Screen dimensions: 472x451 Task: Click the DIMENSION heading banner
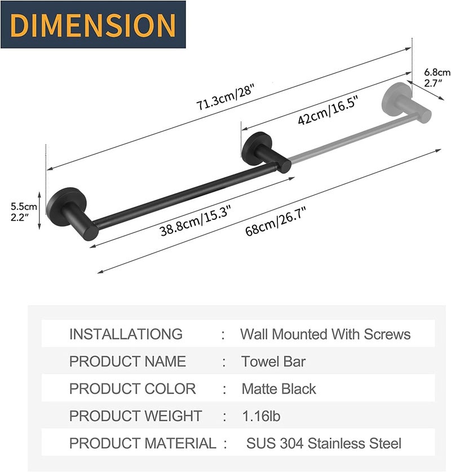tap(93, 25)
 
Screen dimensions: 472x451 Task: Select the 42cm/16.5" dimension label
tap(329, 112)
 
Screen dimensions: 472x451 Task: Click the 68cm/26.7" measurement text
tap(276, 222)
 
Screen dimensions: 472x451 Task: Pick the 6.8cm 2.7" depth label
tap(437, 77)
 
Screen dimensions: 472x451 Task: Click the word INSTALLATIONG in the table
tap(126, 334)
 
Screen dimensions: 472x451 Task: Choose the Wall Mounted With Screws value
tap(325, 334)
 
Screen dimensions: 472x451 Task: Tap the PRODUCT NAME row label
tap(127, 361)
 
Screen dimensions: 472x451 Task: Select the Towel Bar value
tap(273, 361)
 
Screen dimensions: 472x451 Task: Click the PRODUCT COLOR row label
tap(132, 389)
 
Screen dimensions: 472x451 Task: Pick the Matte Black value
tap(278, 389)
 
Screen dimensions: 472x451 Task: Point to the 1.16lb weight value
tap(260, 416)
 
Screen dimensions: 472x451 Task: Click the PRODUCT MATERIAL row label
tap(142, 443)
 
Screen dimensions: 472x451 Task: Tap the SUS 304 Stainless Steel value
tap(324, 443)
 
